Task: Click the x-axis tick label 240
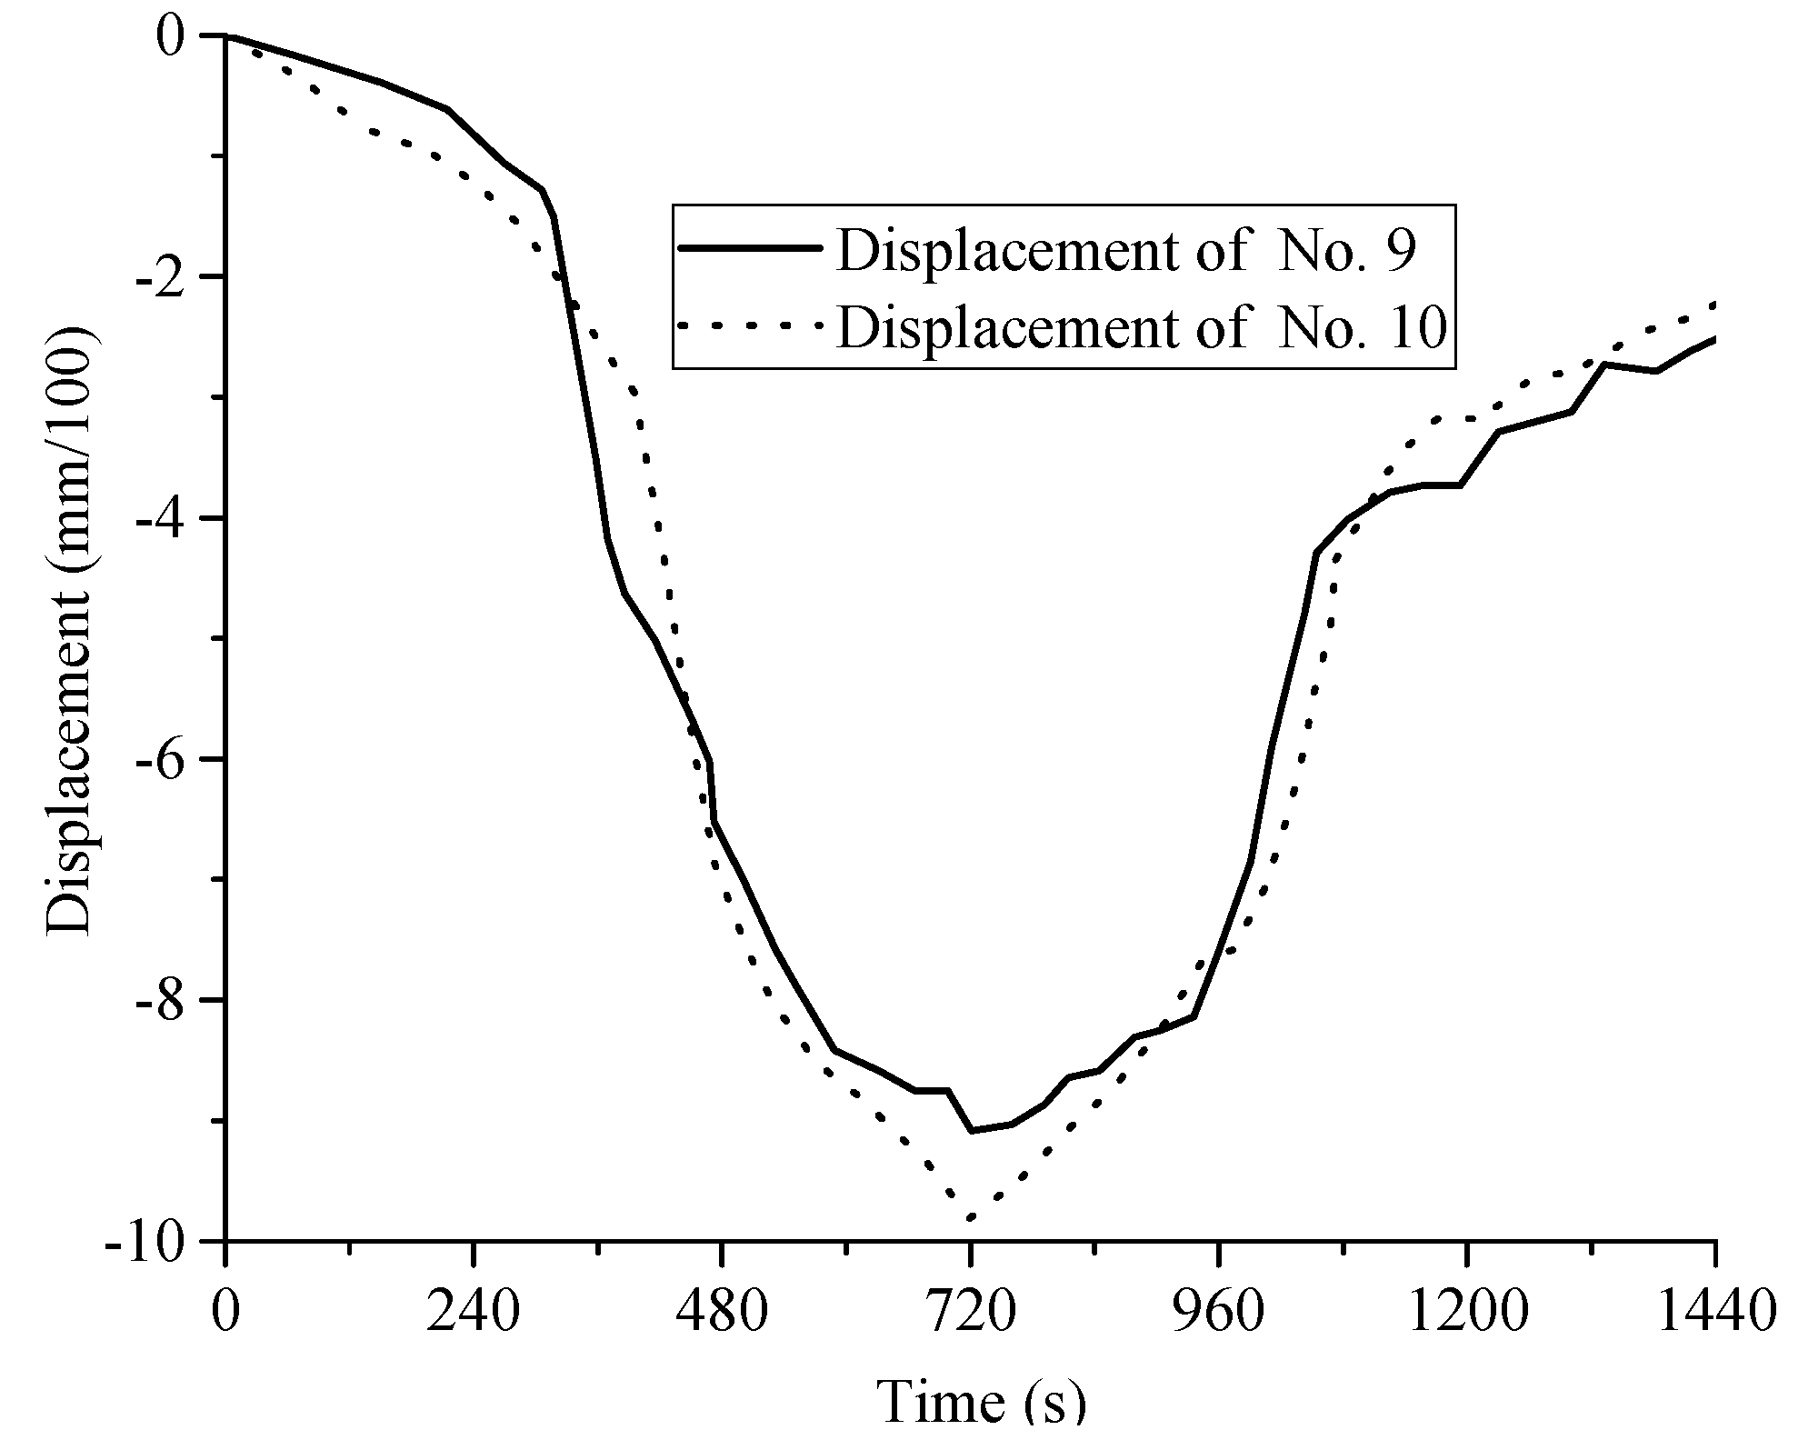click(x=474, y=1314)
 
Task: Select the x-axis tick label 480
click(x=722, y=1314)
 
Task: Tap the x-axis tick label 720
click(x=971, y=1314)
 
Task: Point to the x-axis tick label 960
click(x=1219, y=1314)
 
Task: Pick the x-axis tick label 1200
click(x=1466, y=1314)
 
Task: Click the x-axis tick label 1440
click(x=1714, y=1314)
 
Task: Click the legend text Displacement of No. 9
click(x=1125, y=250)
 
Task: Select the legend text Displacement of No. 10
click(x=1140, y=327)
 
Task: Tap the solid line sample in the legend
click(x=750, y=248)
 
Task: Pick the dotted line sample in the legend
click(x=750, y=325)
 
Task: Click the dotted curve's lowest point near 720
click(x=971, y=1216)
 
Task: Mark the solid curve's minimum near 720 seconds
click(x=972, y=1131)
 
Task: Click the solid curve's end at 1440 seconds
click(x=1713, y=339)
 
